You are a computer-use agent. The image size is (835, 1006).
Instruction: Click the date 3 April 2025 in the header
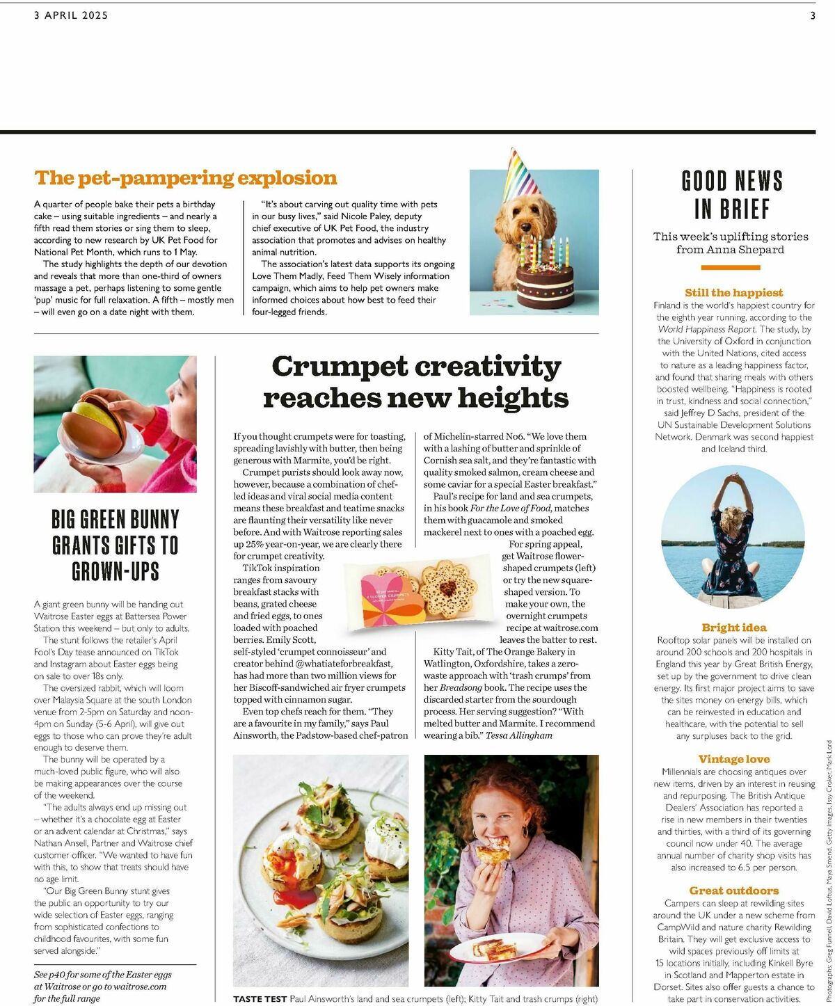[x=71, y=15]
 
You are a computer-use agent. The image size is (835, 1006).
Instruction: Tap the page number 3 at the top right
[x=812, y=15]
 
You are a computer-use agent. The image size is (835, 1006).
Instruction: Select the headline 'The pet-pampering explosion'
[x=186, y=178]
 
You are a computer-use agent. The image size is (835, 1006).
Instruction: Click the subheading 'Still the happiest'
[x=733, y=293]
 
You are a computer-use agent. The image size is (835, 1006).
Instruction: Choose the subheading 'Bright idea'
[x=733, y=628]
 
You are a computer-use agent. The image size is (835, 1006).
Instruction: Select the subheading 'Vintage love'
[x=733, y=759]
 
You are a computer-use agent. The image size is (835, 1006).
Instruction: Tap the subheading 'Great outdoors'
[x=733, y=891]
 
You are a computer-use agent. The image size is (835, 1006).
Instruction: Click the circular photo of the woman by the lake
[x=732, y=532]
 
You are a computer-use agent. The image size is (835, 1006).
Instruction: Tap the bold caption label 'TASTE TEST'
[x=260, y=999]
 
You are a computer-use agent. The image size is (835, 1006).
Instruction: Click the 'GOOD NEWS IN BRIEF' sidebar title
[x=732, y=195]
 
